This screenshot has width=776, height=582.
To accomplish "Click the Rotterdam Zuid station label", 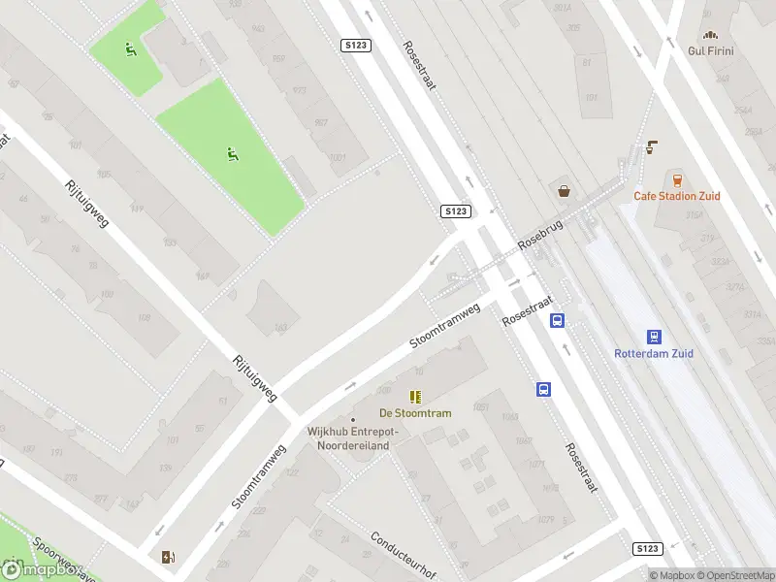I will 654,354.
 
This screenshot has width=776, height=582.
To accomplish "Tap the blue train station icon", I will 655,337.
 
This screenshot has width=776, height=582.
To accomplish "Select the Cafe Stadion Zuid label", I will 677,196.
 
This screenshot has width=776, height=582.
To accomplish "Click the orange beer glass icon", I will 677,179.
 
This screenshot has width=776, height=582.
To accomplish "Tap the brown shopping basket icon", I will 564,190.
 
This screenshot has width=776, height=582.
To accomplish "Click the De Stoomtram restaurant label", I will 415,413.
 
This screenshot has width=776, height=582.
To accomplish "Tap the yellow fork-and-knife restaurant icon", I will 415,396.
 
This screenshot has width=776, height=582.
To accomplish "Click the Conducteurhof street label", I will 401,554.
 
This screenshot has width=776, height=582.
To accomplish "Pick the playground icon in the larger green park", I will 232,153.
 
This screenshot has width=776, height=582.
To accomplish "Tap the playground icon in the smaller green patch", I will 131,48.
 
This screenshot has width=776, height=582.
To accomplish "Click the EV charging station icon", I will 169,556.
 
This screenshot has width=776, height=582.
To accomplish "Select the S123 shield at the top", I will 356,46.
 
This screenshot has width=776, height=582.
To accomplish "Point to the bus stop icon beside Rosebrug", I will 558,320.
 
